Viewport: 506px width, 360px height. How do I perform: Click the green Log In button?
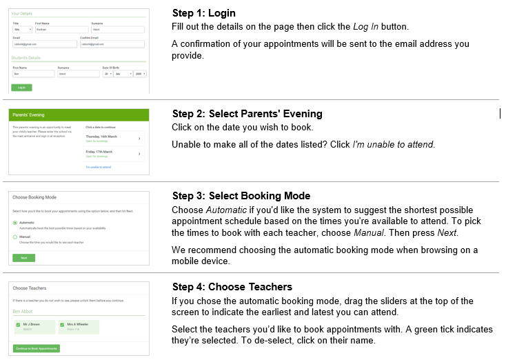click(21, 88)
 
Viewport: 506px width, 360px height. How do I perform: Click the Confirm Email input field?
click(112, 44)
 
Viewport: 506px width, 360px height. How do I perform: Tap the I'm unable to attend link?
click(98, 167)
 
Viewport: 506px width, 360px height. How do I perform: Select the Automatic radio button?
click(15, 223)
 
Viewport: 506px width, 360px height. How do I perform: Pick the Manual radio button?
click(15, 237)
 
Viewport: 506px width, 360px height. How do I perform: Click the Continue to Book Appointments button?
click(37, 348)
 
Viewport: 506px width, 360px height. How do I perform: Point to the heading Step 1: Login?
click(203, 14)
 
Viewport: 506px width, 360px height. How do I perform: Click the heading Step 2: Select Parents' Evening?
click(247, 114)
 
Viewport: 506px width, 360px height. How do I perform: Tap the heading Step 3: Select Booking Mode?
click(241, 196)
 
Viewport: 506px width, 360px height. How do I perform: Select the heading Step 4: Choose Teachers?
click(232, 287)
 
